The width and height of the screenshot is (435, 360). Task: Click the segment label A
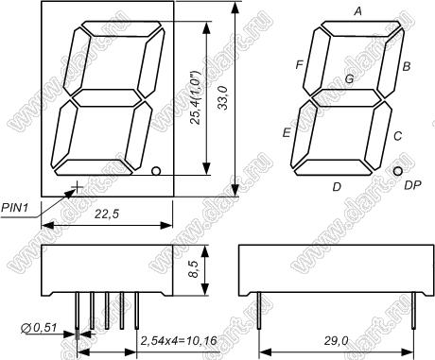click(x=357, y=11)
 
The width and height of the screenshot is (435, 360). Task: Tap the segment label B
click(x=407, y=66)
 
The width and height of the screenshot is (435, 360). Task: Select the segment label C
click(x=398, y=136)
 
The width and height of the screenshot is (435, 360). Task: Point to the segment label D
click(x=337, y=187)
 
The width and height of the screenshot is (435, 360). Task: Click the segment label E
click(x=287, y=132)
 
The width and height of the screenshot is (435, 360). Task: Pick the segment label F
click(x=300, y=65)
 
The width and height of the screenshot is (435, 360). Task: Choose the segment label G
click(x=349, y=78)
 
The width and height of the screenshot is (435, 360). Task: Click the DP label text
click(x=412, y=185)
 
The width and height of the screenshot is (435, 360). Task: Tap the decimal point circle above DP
click(x=398, y=171)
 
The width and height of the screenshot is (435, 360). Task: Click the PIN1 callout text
click(x=15, y=207)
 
